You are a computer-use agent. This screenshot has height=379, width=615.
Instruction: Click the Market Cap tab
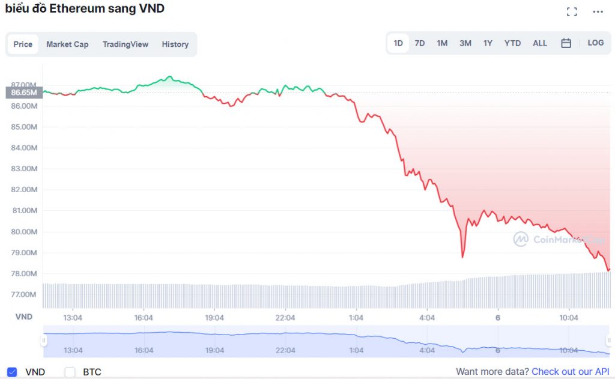point(67,44)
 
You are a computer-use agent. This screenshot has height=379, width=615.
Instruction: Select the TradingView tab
point(125,44)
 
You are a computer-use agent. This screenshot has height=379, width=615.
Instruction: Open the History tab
point(175,44)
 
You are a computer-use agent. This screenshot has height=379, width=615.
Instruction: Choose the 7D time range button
point(420,43)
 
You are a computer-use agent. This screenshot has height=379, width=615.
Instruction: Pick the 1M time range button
point(442,43)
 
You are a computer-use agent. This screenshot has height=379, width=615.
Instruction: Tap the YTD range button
point(512,43)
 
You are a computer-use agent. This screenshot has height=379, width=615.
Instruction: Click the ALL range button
point(540,43)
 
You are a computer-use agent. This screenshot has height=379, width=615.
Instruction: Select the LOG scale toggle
point(596,43)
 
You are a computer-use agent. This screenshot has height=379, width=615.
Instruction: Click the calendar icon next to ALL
point(566,43)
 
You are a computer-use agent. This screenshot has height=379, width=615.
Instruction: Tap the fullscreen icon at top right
point(572,11)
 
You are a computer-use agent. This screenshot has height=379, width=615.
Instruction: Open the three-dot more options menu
point(598,11)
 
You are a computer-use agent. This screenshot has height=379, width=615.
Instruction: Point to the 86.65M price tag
point(24,92)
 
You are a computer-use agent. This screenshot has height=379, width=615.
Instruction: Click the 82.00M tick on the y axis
point(25,190)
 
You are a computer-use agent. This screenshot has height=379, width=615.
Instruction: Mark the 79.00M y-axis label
point(25,253)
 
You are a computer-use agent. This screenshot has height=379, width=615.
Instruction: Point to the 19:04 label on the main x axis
point(214,317)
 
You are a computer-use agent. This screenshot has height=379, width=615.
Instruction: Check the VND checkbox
point(12,372)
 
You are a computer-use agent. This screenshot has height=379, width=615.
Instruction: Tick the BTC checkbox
point(70,372)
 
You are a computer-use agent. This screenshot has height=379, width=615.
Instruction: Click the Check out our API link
point(570,372)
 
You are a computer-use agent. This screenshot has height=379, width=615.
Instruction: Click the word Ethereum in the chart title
point(75,9)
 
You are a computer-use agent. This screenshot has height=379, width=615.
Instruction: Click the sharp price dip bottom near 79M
point(462,257)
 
